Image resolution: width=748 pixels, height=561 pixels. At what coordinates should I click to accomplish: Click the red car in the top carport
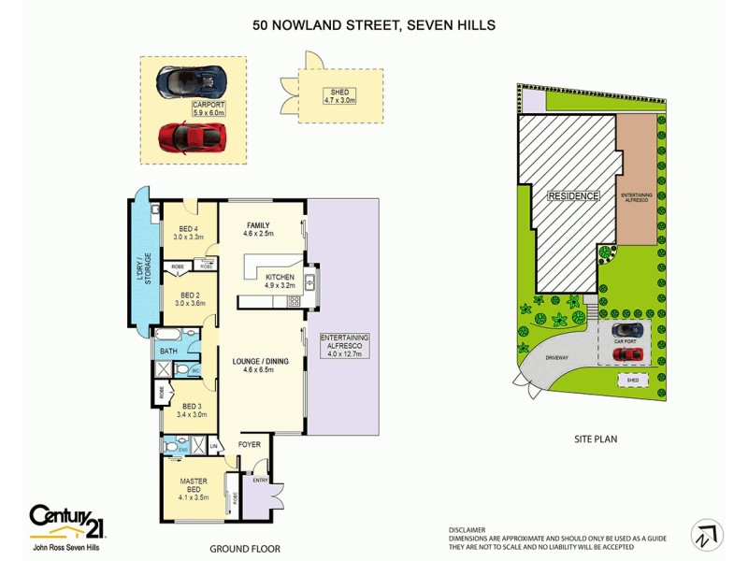click(x=193, y=137)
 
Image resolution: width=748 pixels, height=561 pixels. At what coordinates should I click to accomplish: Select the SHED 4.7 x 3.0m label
click(x=339, y=95)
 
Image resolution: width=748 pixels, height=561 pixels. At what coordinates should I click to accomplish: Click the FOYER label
click(x=250, y=444)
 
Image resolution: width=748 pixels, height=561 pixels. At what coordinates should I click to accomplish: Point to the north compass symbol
click(x=706, y=535)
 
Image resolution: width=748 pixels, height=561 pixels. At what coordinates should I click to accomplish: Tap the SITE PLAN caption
click(x=597, y=438)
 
